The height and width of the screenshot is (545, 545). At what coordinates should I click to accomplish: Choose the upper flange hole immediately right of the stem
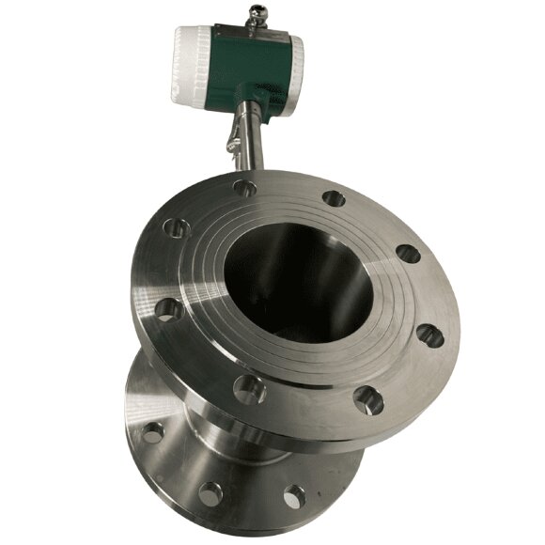[333, 198]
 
